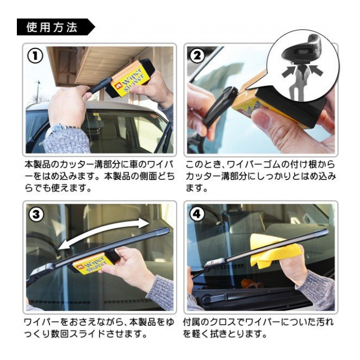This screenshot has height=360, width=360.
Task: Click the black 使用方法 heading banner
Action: click(x=56, y=27)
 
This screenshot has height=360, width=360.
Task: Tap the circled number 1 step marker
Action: click(x=35, y=56)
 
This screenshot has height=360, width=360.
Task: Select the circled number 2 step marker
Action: click(x=197, y=56)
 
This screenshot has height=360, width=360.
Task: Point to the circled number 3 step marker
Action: click(x=36, y=214)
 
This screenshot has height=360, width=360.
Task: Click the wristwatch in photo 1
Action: click(x=60, y=129)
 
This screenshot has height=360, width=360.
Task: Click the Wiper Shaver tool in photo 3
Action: click(x=92, y=261)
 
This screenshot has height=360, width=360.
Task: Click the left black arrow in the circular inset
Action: click(x=289, y=71)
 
